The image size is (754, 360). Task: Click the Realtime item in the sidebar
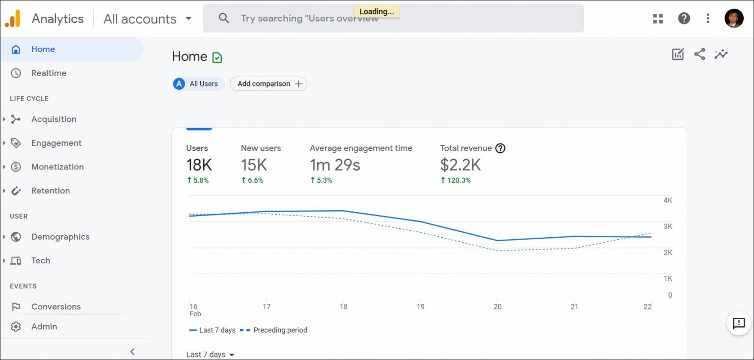[49, 73]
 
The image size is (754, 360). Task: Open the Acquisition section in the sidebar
[54, 119]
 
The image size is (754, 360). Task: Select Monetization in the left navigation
[57, 167]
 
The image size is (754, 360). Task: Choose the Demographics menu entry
[60, 237]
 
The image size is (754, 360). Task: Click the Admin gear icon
[16, 327]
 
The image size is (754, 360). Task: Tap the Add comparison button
[269, 84]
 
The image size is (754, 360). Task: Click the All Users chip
[198, 84]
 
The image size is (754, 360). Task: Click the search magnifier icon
[224, 19]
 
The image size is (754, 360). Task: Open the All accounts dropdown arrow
[188, 19]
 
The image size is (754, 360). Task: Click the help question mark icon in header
[684, 19]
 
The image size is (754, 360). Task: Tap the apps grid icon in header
[658, 19]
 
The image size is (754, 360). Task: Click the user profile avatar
[733, 19]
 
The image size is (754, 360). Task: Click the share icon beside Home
[700, 55]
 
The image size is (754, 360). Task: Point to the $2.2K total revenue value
[460, 165]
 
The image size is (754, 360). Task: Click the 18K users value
[199, 165]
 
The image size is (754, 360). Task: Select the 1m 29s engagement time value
[335, 165]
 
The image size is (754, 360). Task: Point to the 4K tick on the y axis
[668, 200]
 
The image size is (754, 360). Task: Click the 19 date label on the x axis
[420, 306]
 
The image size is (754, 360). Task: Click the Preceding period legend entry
[274, 330]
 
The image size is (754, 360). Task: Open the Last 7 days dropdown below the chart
[211, 355]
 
